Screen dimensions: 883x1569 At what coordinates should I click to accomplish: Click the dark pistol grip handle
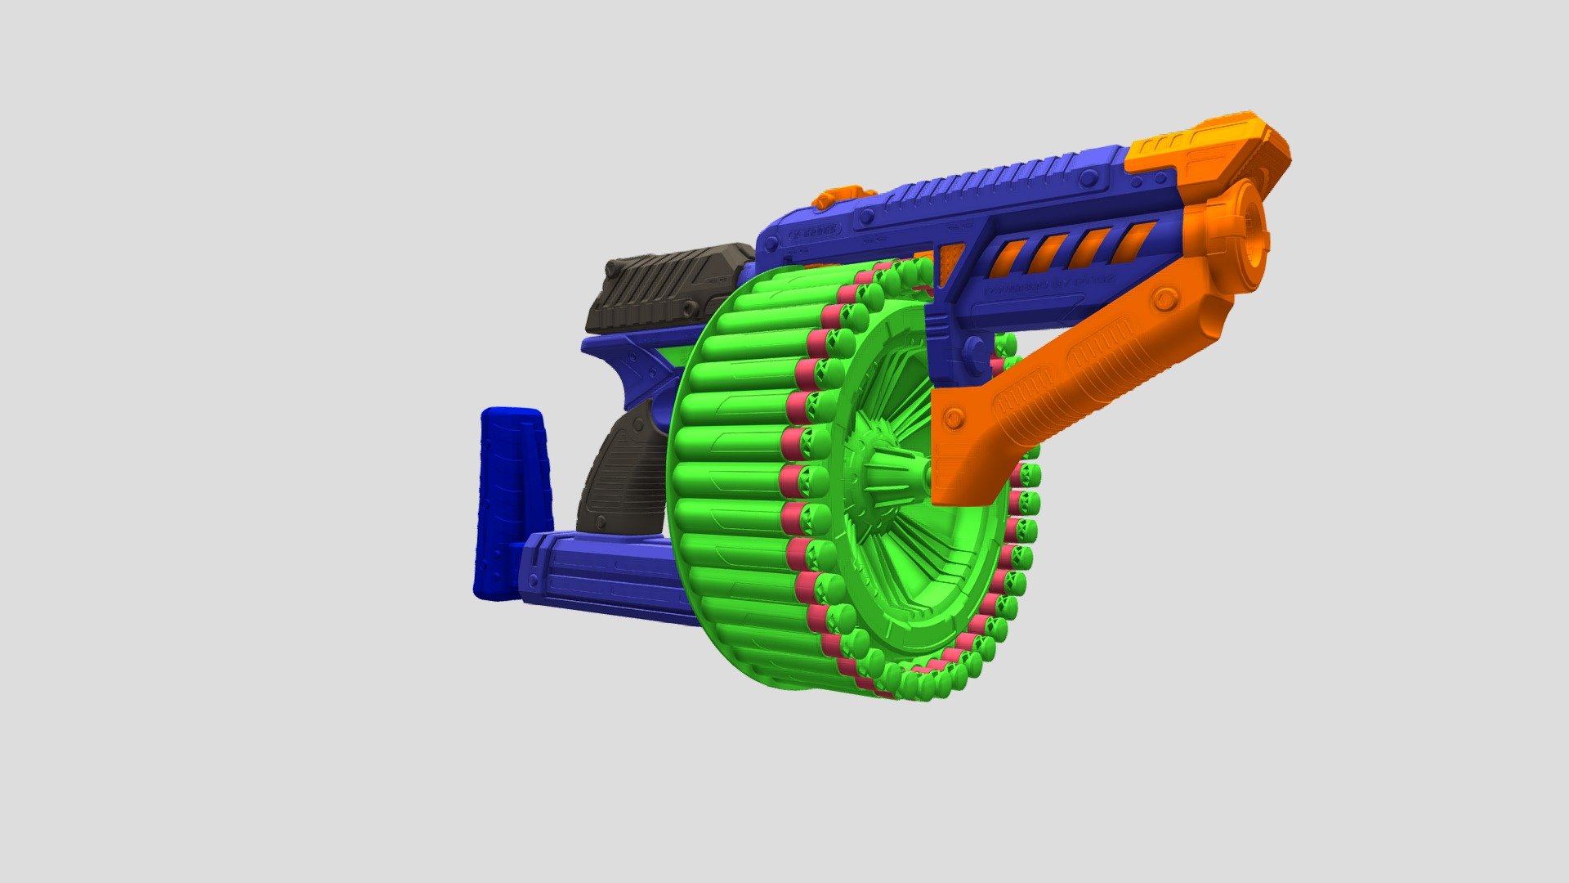(x=621, y=474)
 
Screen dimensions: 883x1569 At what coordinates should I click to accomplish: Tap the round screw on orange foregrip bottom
(x=953, y=419)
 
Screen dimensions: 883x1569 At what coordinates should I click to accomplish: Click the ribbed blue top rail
(x=981, y=184)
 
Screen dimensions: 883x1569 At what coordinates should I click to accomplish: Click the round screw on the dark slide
(x=691, y=309)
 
